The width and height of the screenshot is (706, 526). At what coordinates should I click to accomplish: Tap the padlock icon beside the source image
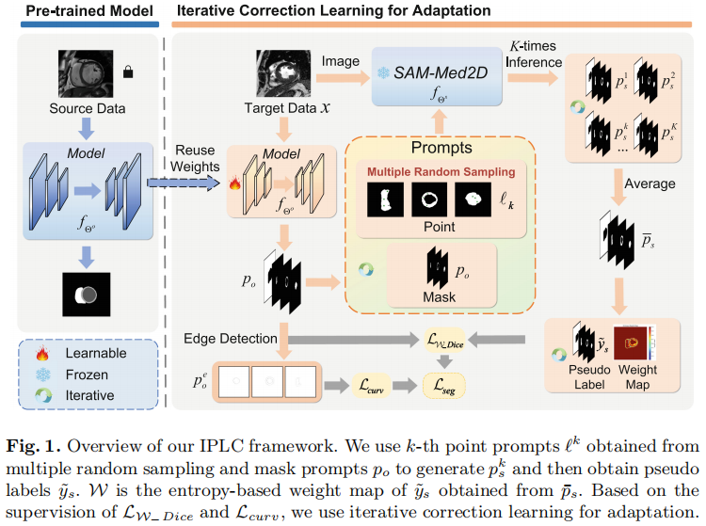click(127, 72)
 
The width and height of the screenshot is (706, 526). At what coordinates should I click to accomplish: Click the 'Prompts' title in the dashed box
click(441, 149)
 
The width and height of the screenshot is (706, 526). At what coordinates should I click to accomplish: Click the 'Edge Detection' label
click(231, 338)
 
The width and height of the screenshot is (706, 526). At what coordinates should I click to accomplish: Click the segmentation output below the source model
click(86, 295)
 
